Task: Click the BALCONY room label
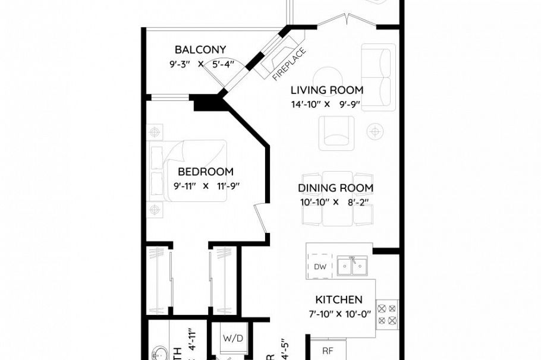click(200, 50)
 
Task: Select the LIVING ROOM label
click(326, 90)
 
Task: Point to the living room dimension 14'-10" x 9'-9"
click(326, 104)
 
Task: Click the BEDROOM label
click(206, 172)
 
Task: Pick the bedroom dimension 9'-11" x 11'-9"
click(206, 186)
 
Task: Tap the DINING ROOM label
click(335, 188)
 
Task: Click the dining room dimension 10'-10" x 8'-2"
click(335, 202)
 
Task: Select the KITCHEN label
click(338, 300)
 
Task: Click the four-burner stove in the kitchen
click(386, 315)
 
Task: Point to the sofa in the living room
click(378, 77)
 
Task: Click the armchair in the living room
click(336, 132)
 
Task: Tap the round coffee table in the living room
click(327, 78)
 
